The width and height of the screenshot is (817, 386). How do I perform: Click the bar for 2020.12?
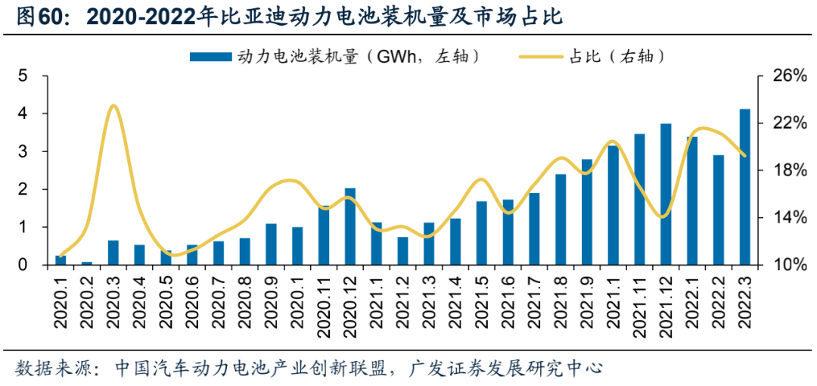[350, 226]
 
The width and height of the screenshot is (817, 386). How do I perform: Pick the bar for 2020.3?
[113, 253]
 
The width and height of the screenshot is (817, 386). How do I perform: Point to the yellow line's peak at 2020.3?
[113, 106]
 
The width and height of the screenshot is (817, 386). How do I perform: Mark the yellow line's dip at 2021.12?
[664, 216]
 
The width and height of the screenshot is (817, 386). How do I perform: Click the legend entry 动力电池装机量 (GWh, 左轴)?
[333, 56]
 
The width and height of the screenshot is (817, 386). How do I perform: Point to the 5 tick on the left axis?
[23, 76]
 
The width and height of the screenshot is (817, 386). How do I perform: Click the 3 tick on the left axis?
[23, 151]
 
